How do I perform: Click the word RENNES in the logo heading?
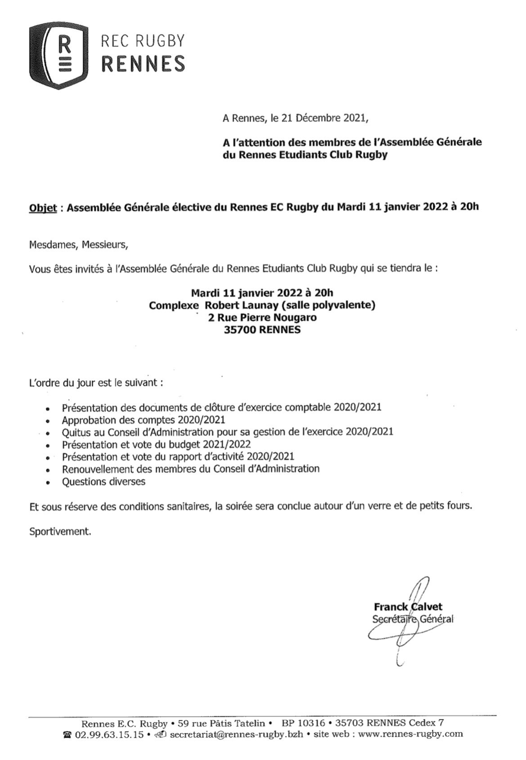click(x=143, y=64)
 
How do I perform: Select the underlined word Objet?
click(x=43, y=208)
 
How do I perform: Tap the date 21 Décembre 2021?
click(x=324, y=119)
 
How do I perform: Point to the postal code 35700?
click(x=239, y=330)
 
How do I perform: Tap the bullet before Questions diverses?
click(x=48, y=483)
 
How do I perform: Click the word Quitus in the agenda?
click(x=76, y=432)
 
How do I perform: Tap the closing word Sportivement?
click(x=60, y=532)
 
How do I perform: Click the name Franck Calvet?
click(x=408, y=607)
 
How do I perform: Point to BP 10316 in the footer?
click(x=303, y=723)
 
